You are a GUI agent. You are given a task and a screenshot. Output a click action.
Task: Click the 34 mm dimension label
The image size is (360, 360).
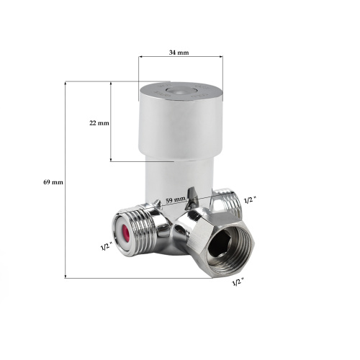[179, 53]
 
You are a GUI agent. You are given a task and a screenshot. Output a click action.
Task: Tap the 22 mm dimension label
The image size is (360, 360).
[99, 123]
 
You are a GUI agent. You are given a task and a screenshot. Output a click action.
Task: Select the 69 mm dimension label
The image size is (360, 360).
[53, 182]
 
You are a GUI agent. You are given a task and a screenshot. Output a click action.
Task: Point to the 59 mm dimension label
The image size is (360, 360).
[176, 200]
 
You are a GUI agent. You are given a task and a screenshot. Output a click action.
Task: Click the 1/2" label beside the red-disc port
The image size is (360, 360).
[106, 246]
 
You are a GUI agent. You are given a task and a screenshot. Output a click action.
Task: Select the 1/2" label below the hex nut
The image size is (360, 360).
[238, 282]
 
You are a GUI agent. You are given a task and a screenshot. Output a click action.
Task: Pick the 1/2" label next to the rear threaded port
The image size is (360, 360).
[250, 200]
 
